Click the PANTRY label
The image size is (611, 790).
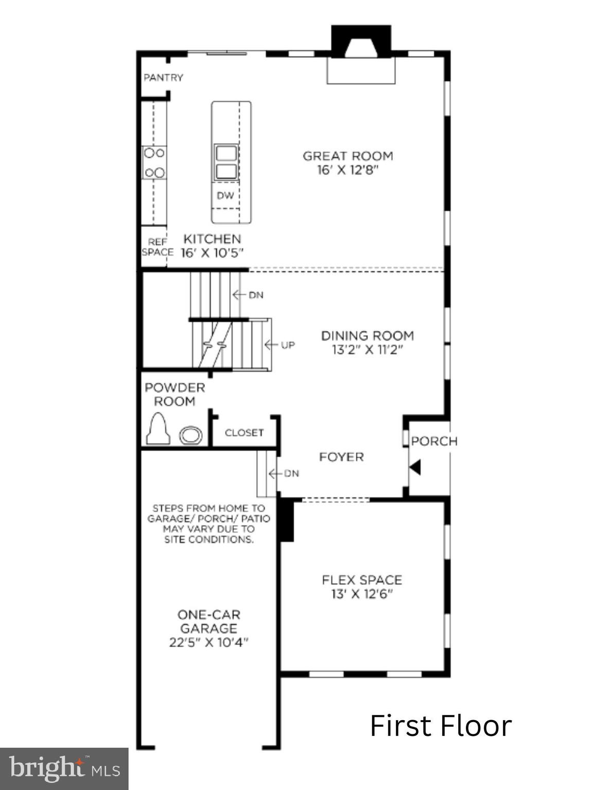click(x=163, y=78)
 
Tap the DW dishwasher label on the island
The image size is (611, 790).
click(x=225, y=195)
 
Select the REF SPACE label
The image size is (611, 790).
click(x=156, y=247)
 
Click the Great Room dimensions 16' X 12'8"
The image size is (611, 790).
click(x=347, y=170)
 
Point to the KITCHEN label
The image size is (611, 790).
click(x=212, y=239)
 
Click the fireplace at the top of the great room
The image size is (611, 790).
click(x=361, y=54)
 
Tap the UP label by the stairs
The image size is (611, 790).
click(x=287, y=345)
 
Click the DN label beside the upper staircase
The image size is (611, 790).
click(x=256, y=295)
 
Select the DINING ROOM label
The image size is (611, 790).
click(x=367, y=335)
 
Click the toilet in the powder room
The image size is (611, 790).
click(x=158, y=429)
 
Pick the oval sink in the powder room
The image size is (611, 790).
click(x=190, y=436)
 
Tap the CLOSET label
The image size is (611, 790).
click(x=244, y=433)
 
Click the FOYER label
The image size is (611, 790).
click(x=341, y=457)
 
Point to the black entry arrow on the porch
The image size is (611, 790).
click(x=415, y=468)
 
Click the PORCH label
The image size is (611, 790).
click(x=434, y=441)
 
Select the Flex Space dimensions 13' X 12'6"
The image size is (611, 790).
click(x=362, y=595)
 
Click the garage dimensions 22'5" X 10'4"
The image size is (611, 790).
click(x=208, y=642)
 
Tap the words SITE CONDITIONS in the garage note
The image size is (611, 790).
click(x=208, y=540)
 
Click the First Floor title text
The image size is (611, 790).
click(x=441, y=726)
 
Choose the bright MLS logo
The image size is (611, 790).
click(x=64, y=769)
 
